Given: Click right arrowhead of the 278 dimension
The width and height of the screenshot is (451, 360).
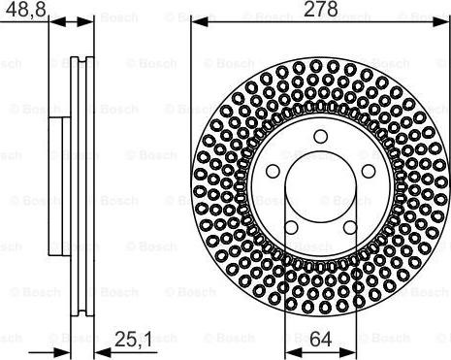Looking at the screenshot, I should point(441,20).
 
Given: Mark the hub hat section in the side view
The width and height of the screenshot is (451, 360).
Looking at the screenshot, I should point(58,184).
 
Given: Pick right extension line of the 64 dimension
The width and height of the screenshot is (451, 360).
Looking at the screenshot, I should point(349,291).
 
